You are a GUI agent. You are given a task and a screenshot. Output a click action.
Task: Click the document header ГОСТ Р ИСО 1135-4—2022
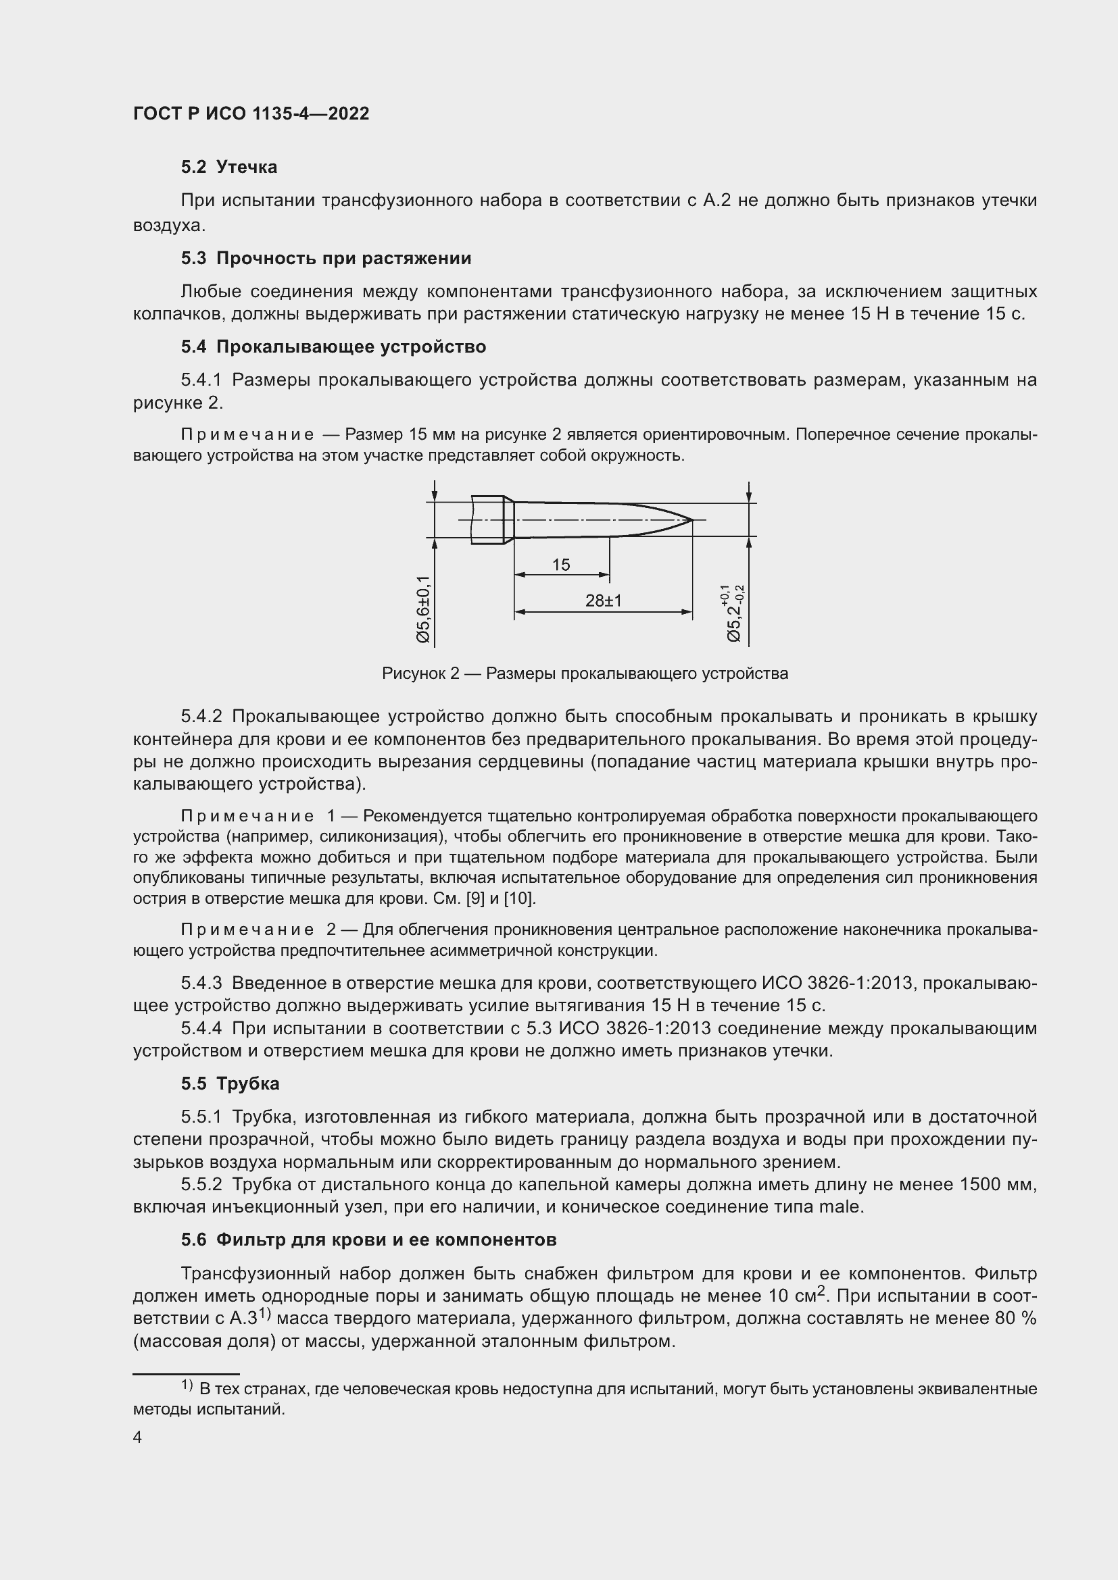pos(251,114)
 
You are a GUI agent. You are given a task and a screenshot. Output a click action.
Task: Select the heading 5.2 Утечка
pos(229,168)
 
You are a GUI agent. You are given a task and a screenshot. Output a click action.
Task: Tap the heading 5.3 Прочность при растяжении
pos(326,258)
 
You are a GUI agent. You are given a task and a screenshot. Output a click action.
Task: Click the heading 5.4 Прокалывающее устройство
pos(334,347)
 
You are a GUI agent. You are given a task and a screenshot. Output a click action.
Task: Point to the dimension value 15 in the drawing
pos(561,565)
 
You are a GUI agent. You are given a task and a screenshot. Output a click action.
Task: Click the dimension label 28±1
pos(603,601)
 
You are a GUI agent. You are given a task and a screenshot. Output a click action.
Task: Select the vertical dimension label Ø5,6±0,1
pos(423,610)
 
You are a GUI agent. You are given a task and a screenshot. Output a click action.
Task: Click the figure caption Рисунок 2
pos(585,673)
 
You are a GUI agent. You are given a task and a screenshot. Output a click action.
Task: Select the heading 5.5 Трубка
pos(230,1084)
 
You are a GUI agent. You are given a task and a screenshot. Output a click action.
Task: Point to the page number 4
pos(137,1437)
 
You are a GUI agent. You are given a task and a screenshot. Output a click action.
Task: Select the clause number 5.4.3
pos(201,984)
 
